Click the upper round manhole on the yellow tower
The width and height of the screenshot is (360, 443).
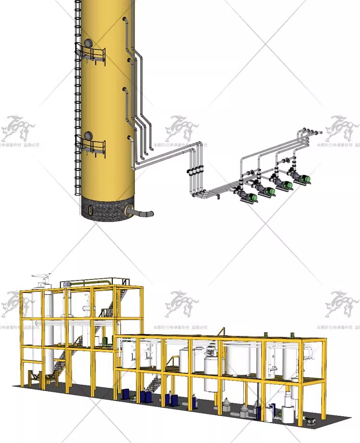[x=88, y=43]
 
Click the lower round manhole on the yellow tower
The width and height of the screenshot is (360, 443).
[x=88, y=136]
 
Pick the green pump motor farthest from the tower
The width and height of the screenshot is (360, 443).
[x=303, y=179]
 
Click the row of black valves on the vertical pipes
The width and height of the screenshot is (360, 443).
[x=197, y=170]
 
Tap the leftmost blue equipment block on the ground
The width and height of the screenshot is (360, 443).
[x=126, y=394]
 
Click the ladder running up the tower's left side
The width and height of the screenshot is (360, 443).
[x=78, y=96]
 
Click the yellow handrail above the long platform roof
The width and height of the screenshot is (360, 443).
[x=222, y=332]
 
